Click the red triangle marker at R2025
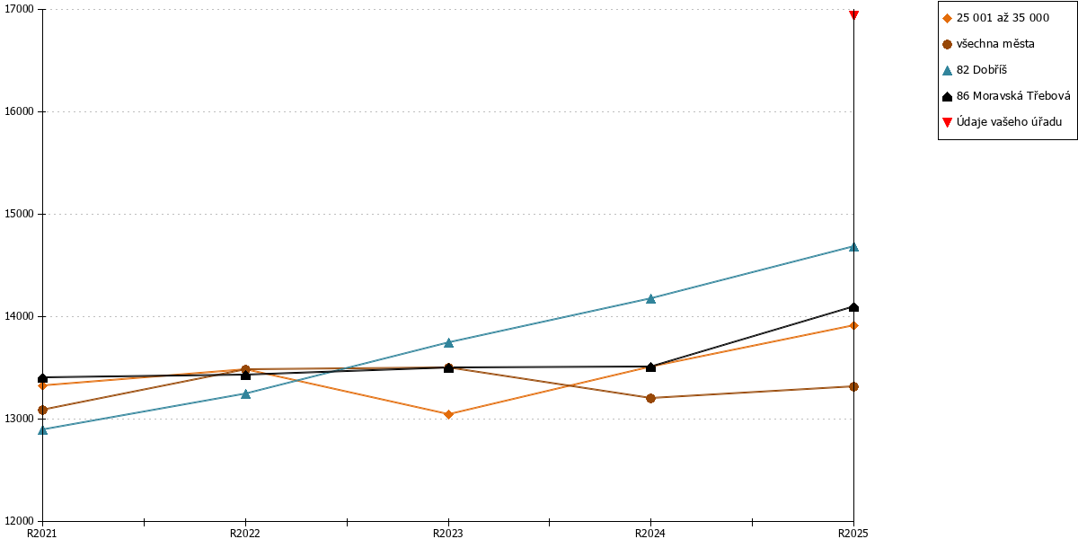(853, 14)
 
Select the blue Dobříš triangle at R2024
(650, 299)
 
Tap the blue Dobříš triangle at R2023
(448, 342)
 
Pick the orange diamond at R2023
(448, 414)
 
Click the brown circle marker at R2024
(650, 398)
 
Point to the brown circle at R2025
(853, 386)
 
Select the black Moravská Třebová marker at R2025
(853, 307)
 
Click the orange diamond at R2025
(853, 326)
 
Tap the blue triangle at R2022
(245, 393)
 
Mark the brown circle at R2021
(43, 410)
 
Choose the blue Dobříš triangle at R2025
(853, 247)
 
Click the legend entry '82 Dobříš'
(982, 70)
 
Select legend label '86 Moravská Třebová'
(1013, 96)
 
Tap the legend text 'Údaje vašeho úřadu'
(1009, 122)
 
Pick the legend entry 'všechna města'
(995, 44)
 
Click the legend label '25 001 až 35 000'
(1003, 18)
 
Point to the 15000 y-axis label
(19, 214)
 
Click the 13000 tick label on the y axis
(19, 419)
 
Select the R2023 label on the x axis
(448, 534)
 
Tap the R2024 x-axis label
(650, 534)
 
